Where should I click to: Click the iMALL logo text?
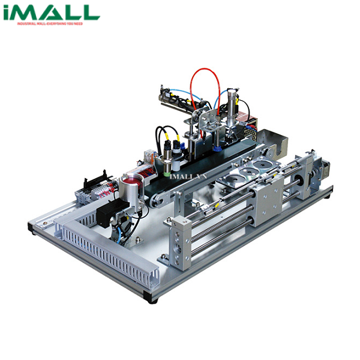(50, 13)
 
